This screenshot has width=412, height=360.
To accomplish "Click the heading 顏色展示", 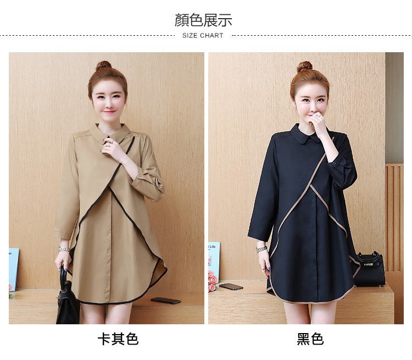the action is pyautogui.click(x=203, y=20).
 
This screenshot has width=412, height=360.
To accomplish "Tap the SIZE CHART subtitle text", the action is pyautogui.click(x=203, y=36).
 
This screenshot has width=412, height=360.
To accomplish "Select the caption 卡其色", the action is pyautogui.click(x=118, y=339).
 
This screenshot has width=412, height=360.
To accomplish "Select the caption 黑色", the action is pyautogui.click(x=310, y=339).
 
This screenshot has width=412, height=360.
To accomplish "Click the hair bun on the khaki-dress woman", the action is pyautogui.click(x=103, y=65).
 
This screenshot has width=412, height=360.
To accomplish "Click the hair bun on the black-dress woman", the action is pyautogui.click(x=304, y=67).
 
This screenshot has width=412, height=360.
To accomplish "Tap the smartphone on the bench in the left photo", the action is pyautogui.click(x=165, y=300).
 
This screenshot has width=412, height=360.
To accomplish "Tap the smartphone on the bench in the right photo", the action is pyautogui.click(x=231, y=286).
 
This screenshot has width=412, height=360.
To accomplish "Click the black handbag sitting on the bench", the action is pyautogui.click(x=369, y=269).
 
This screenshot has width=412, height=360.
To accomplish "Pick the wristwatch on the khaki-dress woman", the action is pyautogui.click(x=64, y=249).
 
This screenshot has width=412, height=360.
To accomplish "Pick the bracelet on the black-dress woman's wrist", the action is pyautogui.click(x=261, y=249).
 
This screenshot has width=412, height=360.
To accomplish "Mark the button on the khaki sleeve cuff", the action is pyautogui.click(x=141, y=175).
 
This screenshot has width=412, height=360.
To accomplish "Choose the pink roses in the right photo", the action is pyautogui.click(x=213, y=280).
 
